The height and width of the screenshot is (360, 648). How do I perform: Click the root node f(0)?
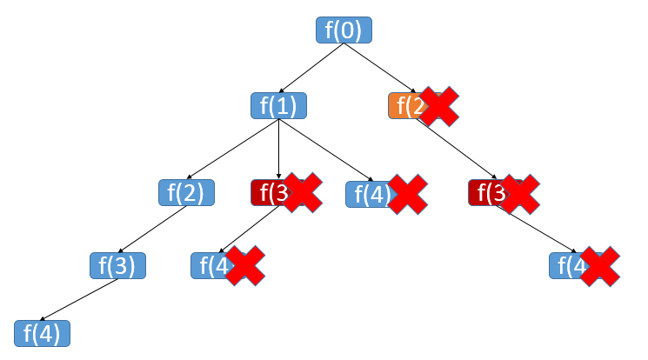pyautogui.click(x=344, y=30)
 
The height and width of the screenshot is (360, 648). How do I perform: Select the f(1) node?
pyautogui.click(x=278, y=105)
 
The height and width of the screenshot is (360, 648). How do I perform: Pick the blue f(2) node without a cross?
pyautogui.click(x=186, y=192)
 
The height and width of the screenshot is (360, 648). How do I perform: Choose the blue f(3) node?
pyautogui.click(x=117, y=265)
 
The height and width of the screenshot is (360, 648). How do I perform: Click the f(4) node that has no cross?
pyautogui.click(x=42, y=333)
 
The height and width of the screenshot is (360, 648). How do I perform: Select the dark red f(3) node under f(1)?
pyautogui.click(x=266, y=192)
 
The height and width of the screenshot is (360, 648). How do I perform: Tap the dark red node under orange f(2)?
pyautogui.click(x=484, y=192)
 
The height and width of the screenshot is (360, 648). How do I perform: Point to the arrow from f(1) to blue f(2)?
pyautogui.click(x=233, y=149)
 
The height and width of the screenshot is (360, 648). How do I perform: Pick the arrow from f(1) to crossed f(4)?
pyautogui.click(x=326, y=150)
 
